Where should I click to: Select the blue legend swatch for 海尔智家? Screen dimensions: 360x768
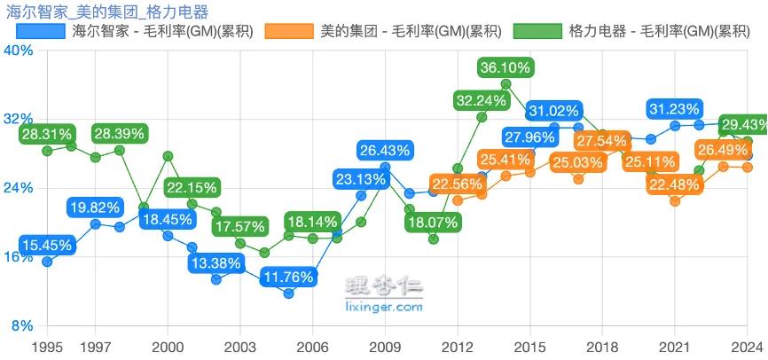(x=41, y=31)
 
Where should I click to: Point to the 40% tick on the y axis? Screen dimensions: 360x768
(x=20, y=51)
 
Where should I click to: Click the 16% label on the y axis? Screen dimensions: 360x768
(x=20, y=257)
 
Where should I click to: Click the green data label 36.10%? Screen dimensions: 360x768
(x=505, y=67)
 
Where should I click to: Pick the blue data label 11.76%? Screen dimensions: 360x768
(x=289, y=277)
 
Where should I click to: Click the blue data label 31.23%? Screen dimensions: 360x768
(x=675, y=108)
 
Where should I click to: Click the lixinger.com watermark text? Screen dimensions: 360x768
(x=383, y=308)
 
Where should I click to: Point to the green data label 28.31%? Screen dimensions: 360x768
(x=47, y=134)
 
